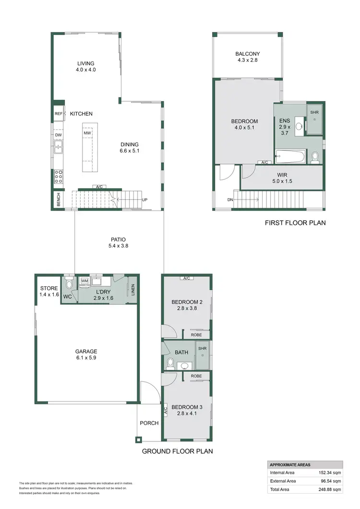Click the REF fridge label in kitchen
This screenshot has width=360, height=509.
click(59, 114)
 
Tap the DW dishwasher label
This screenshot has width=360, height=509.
click(58, 135)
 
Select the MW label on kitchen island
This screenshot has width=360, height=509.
click(87, 133)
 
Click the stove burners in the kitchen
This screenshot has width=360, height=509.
click(59, 177)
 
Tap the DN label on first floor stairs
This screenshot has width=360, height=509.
click(229, 200)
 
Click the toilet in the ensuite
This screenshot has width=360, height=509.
click(315, 156)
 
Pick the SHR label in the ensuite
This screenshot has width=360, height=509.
click(314, 112)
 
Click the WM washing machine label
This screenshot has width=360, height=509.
click(84, 281)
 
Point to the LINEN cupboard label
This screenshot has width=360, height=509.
click(132, 291)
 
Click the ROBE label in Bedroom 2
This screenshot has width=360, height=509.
click(196, 335)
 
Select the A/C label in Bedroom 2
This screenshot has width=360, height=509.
click(187, 278)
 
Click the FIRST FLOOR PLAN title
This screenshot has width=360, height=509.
click(295, 223)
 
